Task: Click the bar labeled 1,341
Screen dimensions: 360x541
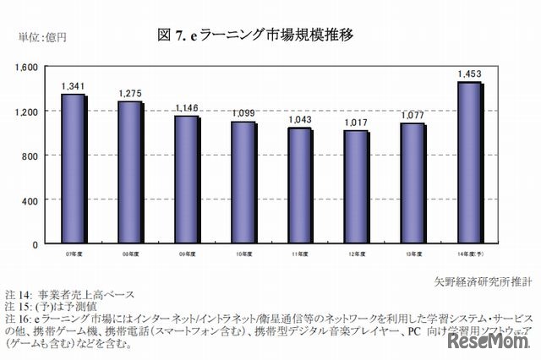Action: pyautogui.click(x=73, y=169)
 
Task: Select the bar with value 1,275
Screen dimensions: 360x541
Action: pyautogui.click(x=129, y=172)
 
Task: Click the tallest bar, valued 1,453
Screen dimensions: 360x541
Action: pyautogui.click(x=469, y=163)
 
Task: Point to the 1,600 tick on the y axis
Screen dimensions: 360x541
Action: pyautogui.click(x=28, y=67)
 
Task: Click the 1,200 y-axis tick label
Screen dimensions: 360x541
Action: pyautogui.click(x=28, y=112)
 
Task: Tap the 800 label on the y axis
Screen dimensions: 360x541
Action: pyautogui.click(x=32, y=155)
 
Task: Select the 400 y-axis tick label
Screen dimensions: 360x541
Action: pyautogui.click(x=32, y=200)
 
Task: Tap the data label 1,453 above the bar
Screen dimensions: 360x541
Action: pyautogui.click(x=469, y=74)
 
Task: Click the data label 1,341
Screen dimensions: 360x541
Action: pyautogui.click(x=73, y=86)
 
